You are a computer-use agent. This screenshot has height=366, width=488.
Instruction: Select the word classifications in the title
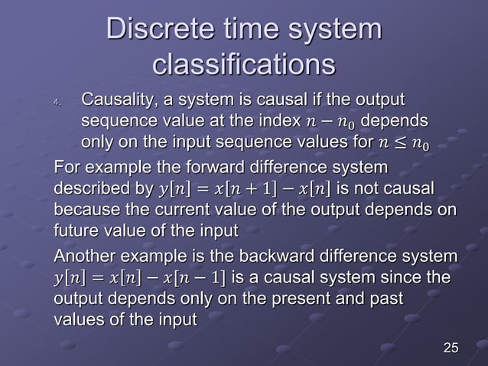pyautogui.click(x=244, y=64)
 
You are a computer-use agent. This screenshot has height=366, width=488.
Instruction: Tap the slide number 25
pyautogui.click(x=451, y=349)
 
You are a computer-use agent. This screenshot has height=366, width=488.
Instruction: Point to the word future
pyautogui.click(x=75, y=230)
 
